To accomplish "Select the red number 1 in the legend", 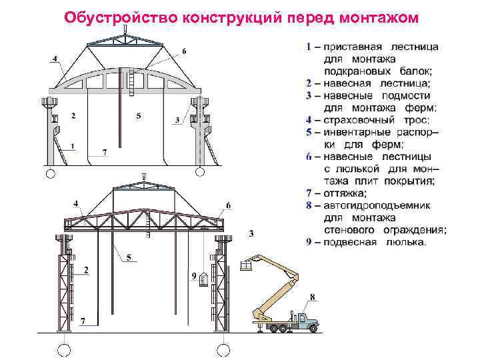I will coord(308,47).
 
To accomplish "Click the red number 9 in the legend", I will coord(309,241).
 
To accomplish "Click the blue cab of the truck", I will coord(308,322).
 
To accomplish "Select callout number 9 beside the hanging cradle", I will coord(193,275).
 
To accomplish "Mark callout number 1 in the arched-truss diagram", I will coord(72,145).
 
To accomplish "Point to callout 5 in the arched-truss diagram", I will coord(139,116).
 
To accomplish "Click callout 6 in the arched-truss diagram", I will coord(185,51).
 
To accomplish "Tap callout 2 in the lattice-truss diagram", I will coord(86,270).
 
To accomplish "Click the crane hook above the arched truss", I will coord(125,21).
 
